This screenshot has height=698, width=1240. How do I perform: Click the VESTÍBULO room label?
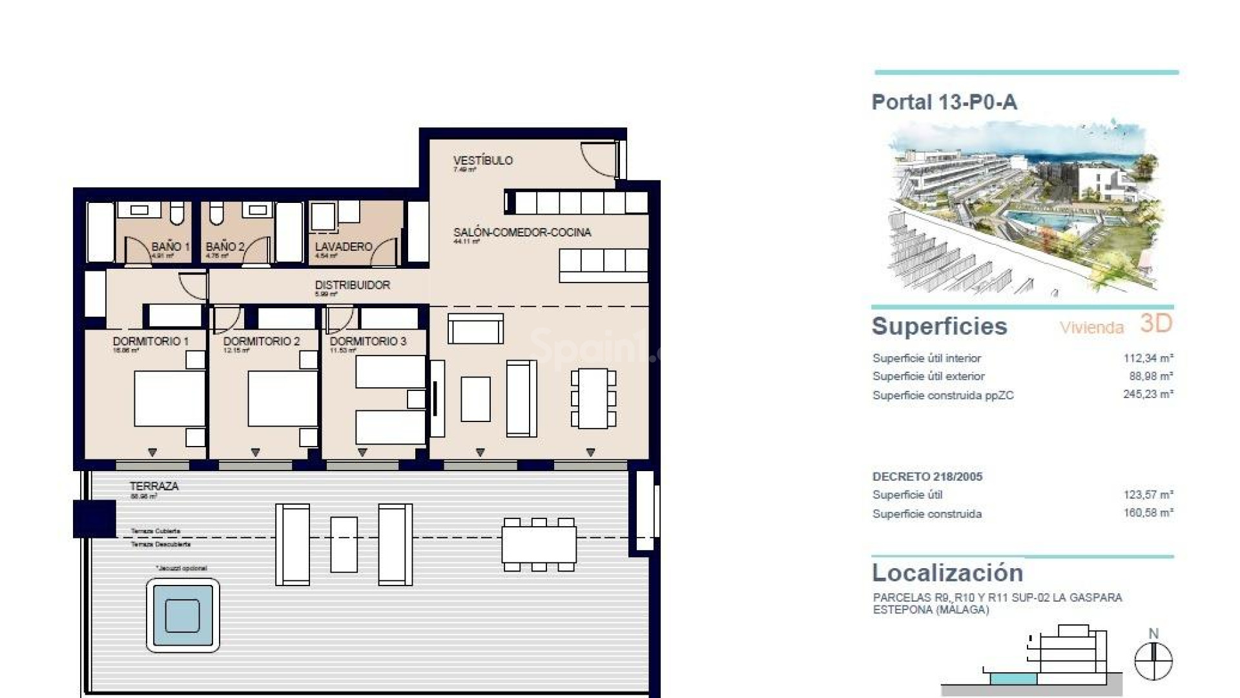point(482,161)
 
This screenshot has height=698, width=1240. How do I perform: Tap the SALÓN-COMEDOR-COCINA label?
point(522,233)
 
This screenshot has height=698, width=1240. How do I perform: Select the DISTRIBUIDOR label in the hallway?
point(352,285)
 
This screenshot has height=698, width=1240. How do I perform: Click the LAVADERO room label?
point(343,247)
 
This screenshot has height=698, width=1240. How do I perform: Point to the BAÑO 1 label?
point(170,247)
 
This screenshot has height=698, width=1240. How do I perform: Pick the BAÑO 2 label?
point(225,247)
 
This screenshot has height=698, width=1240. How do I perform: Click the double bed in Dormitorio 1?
point(169,398)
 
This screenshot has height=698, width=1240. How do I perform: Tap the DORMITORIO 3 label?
point(368,341)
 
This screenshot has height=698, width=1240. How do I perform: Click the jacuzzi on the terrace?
point(183,615)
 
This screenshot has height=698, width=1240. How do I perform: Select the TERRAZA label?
point(154,486)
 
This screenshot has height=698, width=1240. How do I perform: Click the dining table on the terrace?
point(539,544)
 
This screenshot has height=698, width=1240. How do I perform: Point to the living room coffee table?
point(475,399)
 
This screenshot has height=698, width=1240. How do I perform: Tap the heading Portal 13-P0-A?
point(944,102)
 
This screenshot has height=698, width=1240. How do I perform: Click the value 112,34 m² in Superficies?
point(1148,358)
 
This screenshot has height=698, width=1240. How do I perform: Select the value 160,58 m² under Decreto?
point(1148,513)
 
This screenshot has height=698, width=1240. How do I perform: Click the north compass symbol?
point(1153,660)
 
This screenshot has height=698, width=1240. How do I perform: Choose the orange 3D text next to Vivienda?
point(1155,323)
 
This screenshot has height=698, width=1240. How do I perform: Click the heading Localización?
point(947,573)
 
